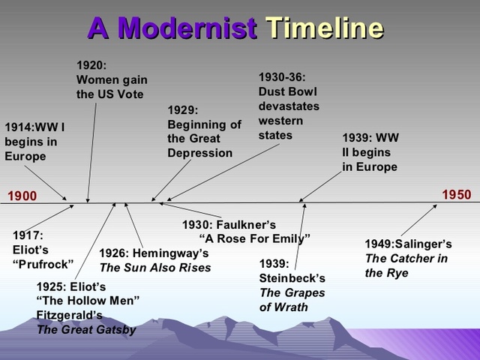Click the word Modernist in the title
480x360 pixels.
point(187,28)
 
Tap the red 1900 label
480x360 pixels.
point(22,196)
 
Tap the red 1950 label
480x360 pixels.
point(457,195)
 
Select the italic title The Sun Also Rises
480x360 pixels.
point(155,268)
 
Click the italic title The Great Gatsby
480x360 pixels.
point(87,330)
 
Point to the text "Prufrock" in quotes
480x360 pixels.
point(43,264)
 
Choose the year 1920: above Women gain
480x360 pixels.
point(91,65)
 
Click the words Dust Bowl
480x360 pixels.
point(288,91)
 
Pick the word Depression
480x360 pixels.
point(200,153)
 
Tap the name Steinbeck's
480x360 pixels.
point(292,278)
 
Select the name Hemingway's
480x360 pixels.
point(170,253)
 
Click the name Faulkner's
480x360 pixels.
point(246,225)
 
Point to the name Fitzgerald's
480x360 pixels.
point(70,315)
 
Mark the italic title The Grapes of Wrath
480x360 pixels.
point(292,300)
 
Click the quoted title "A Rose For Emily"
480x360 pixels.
point(255,238)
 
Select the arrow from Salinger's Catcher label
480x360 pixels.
point(418,220)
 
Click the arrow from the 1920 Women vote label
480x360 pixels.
point(91,152)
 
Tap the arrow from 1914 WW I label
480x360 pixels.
point(45,183)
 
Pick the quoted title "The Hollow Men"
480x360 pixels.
point(88,300)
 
